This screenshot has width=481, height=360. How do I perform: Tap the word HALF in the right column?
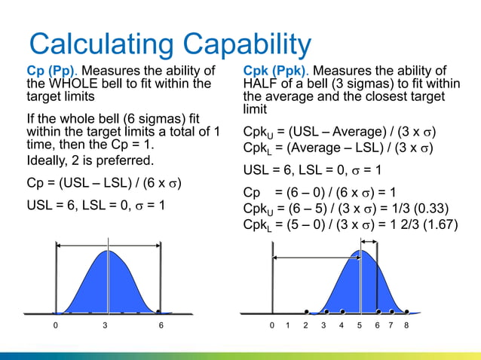pos(259,84)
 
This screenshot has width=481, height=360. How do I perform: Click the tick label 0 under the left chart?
pos(55,326)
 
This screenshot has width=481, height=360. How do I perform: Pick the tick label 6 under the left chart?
pos(161,326)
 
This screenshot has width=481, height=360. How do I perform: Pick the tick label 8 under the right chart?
pos(406,326)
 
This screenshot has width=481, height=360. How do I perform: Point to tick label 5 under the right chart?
pos(360,326)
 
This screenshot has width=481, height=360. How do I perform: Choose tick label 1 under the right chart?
pos(288,326)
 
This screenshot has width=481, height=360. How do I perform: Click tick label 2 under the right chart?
pos(305,326)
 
